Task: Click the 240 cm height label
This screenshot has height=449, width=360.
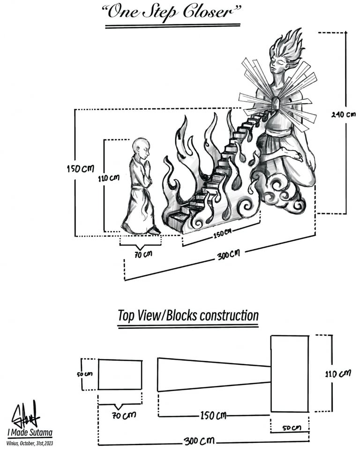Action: [x=343, y=114]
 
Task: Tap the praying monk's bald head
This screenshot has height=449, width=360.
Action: [x=139, y=146]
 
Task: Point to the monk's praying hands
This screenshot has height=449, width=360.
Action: [x=148, y=166]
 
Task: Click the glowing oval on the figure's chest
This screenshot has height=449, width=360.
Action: [x=276, y=103]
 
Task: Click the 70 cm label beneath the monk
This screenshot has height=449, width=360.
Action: [x=141, y=255]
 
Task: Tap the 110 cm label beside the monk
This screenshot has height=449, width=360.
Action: [x=109, y=178]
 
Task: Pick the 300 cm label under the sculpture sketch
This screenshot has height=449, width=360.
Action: [x=228, y=256]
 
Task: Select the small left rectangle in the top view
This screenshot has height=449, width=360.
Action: [x=120, y=374]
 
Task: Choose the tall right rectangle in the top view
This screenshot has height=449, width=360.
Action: [x=289, y=373]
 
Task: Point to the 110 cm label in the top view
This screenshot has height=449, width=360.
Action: [x=337, y=374]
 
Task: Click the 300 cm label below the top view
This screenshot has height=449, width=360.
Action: [x=197, y=441]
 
